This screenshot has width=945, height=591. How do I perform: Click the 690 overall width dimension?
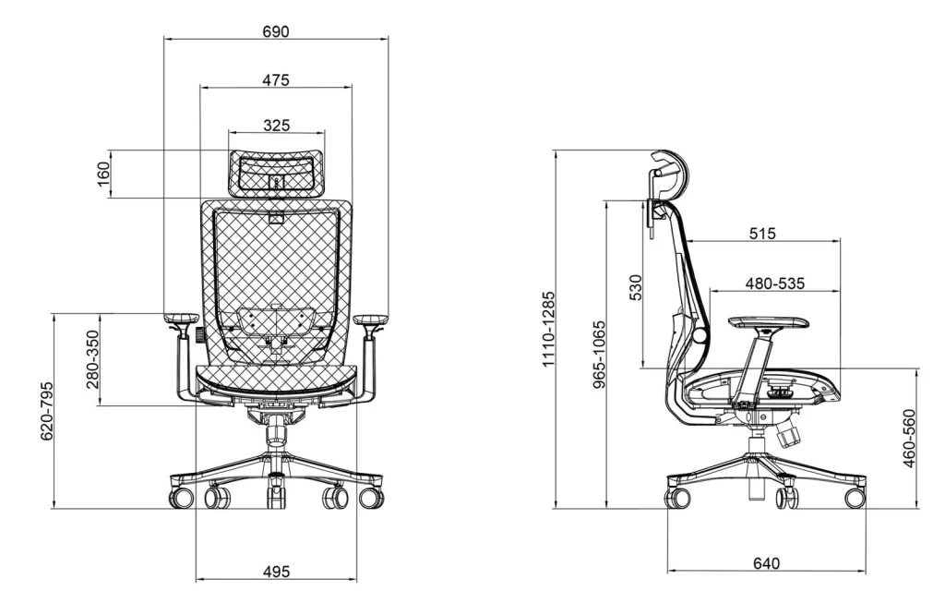point(275,31)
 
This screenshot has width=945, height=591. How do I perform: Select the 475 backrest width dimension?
point(275,80)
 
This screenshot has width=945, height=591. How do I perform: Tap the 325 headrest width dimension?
point(276,126)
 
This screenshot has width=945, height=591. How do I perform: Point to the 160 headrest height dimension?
point(103,173)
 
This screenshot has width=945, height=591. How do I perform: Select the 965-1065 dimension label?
point(599,356)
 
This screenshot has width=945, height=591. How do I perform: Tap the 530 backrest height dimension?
point(635,288)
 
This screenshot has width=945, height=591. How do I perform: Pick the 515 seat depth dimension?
point(762,235)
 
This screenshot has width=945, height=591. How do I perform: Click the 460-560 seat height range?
point(910,439)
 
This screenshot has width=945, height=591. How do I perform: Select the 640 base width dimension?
point(766,563)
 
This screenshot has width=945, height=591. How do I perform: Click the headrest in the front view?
point(276,172)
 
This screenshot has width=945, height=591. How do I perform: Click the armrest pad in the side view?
point(769,322)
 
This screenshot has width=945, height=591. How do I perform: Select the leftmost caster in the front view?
point(181,499)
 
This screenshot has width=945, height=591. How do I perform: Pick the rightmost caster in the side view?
point(855,498)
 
